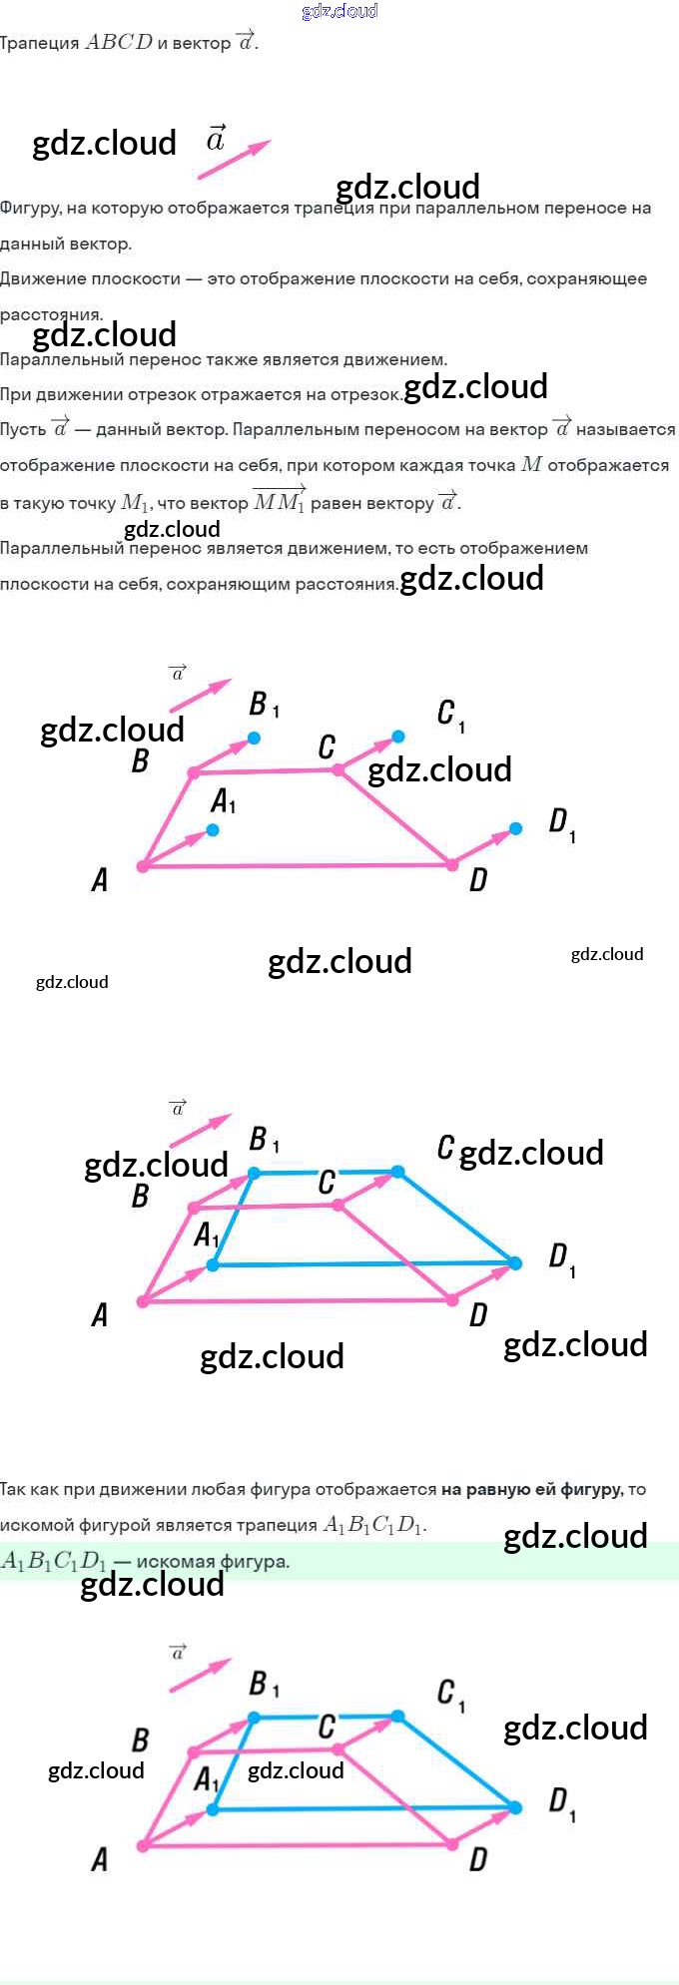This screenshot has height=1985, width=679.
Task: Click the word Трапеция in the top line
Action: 39,43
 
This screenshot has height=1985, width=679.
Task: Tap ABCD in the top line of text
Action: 119,42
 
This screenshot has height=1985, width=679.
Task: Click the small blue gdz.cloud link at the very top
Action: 339,11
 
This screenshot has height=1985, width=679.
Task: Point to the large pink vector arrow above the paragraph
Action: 234,160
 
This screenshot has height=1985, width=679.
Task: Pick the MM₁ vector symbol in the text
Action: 279,501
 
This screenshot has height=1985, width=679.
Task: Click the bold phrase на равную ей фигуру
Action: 531,1490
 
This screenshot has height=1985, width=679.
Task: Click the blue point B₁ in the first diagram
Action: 255,738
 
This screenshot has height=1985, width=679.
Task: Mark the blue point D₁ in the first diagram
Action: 515,828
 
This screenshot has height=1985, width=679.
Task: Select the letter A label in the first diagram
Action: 100,879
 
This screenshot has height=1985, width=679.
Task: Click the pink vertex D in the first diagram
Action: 452,864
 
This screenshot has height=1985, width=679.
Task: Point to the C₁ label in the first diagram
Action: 450,715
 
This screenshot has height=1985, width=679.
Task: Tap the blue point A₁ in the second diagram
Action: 213,1264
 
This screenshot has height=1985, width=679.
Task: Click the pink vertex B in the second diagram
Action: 194,1209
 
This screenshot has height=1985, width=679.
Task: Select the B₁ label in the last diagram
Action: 264,1685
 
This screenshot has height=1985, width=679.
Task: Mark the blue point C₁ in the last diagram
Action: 398,1716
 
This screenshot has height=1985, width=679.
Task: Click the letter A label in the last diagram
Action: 100,1859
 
